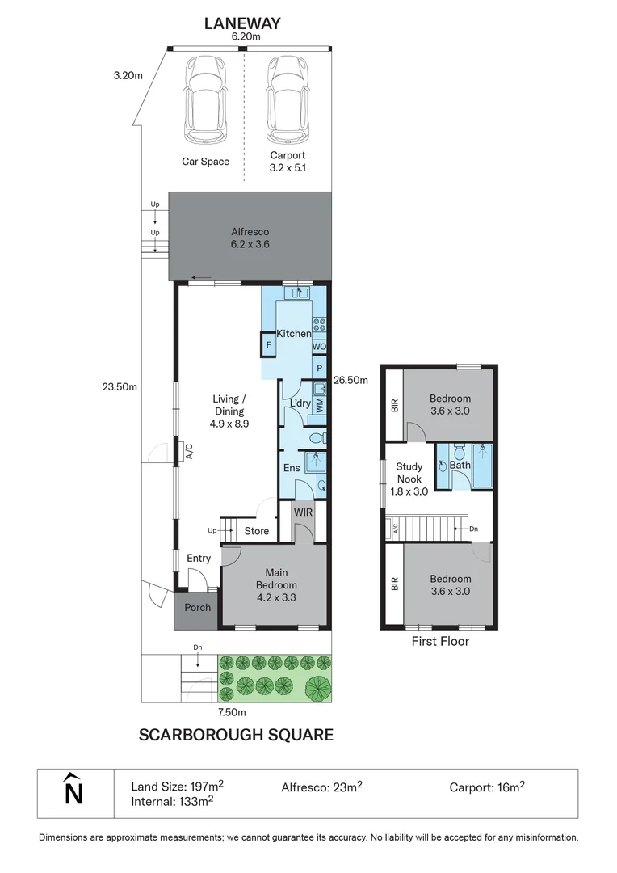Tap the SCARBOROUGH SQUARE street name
tap(236, 735)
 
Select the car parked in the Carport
tap(287, 97)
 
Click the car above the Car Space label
tap(205, 97)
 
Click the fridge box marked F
tap(267, 347)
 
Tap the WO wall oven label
tap(320, 348)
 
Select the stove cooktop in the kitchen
tap(319, 326)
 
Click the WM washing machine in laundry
tap(320, 406)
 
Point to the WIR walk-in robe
tap(303, 512)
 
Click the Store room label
tap(256, 531)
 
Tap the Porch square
tap(197, 608)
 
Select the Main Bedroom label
tap(276, 580)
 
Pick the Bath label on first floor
tap(460, 466)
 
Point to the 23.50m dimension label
tap(120, 386)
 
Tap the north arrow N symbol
tap(73, 791)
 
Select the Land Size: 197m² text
tap(178, 787)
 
